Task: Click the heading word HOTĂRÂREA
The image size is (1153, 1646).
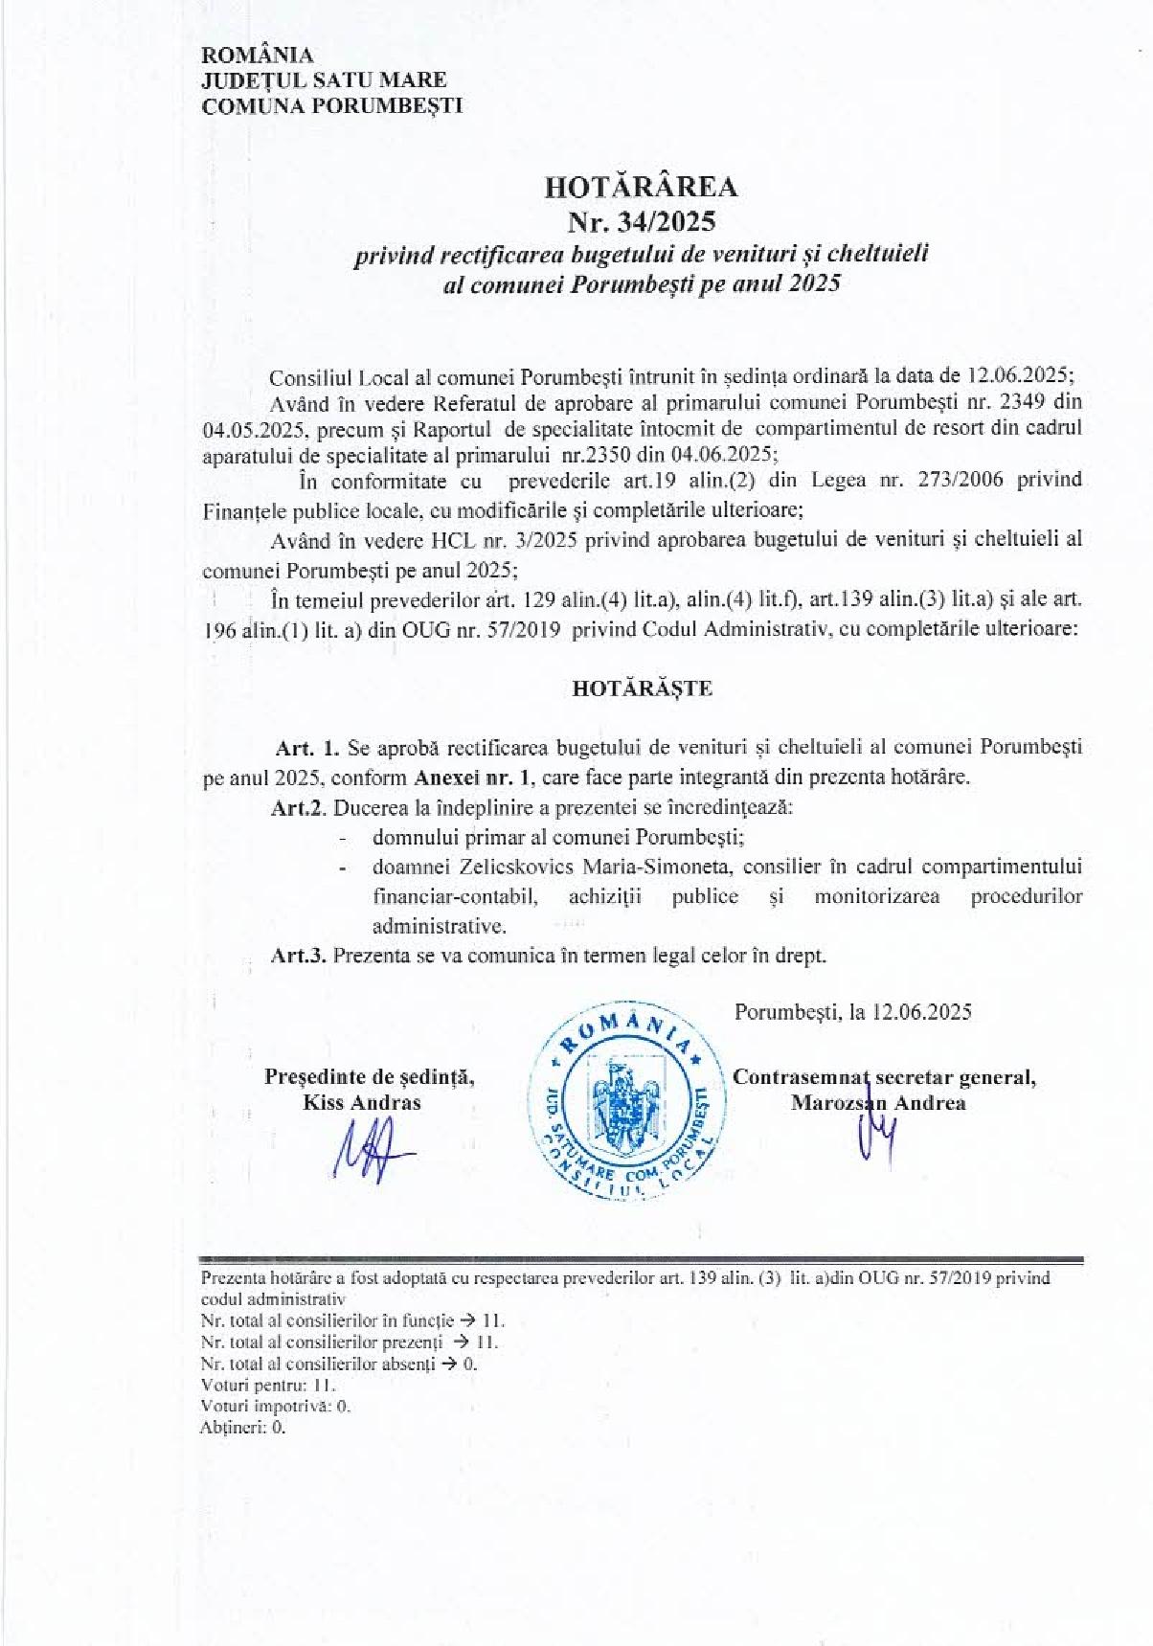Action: pos(641,187)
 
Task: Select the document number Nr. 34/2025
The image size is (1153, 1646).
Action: pos(641,222)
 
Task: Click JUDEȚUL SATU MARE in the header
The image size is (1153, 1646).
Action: pos(324,80)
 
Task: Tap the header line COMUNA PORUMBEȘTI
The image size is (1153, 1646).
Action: pos(331,106)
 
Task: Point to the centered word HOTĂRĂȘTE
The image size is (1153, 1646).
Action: pos(642,688)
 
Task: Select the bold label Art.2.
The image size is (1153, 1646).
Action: pos(299,807)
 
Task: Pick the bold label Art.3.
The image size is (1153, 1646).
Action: pos(299,955)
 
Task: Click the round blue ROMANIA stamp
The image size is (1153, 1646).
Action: pos(627,1102)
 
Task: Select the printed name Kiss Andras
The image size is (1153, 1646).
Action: pos(362,1103)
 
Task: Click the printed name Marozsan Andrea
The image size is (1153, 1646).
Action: pos(878,1103)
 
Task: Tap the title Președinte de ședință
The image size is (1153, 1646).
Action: pos(370,1077)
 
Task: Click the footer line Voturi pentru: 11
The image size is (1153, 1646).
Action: pos(268,1385)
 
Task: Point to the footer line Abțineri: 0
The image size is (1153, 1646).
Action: pos(243,1427)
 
